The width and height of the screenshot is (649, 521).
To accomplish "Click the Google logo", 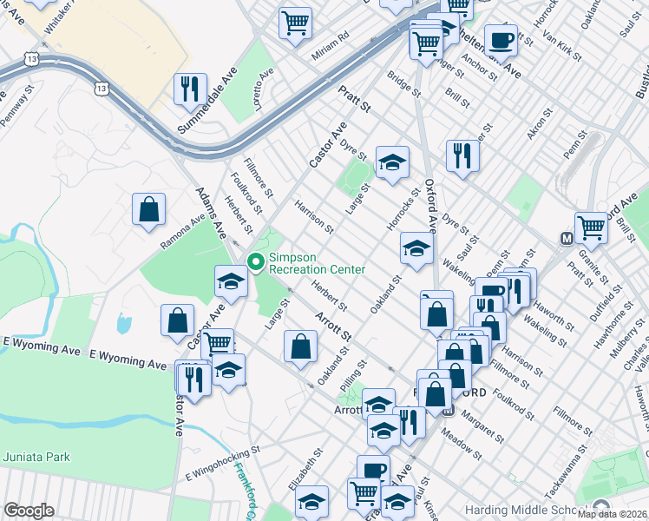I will pos(29,511).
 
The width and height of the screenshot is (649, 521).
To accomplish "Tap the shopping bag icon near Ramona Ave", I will pos(148,209).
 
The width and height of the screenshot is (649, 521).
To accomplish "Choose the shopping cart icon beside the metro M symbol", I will pos(591,228).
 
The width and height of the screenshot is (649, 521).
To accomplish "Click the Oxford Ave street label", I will pos(430,204).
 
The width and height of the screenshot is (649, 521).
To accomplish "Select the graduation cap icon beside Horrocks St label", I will pos(416,250).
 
